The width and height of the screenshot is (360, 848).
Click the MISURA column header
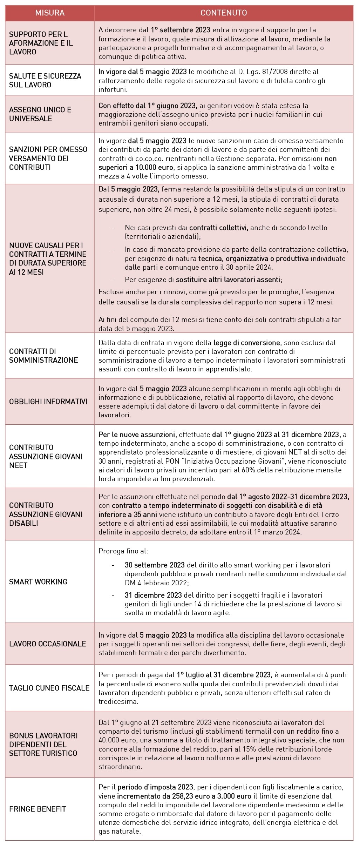click(50, 13)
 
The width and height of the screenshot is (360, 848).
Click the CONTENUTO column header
click(224, 13)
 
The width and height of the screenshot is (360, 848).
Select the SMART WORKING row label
click(38, 582)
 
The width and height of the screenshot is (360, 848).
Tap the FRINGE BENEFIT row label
click(38, 809)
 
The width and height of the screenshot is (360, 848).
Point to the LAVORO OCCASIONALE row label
click(48, 644)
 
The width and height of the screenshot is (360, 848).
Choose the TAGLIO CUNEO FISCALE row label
click(49, 688)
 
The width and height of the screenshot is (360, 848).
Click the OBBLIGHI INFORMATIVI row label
click(48, 402)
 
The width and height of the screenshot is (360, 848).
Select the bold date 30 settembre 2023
click(155, 565)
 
